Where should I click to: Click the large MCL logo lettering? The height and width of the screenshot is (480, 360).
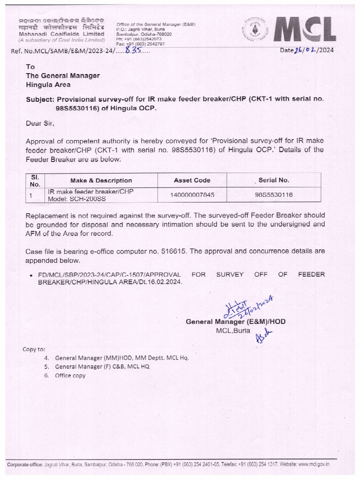[304, 30]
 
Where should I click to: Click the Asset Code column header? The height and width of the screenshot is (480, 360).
[192, 180]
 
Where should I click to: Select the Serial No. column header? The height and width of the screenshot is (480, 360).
[274, 180]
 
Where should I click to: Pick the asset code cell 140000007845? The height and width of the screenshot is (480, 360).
[192, 195]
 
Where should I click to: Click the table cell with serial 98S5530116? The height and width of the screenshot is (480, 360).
[274, 195]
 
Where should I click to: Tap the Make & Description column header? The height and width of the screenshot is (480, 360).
[101, 180]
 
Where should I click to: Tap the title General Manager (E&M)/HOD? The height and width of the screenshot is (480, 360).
[235, 322]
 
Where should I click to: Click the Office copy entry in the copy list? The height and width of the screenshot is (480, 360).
[70, 375]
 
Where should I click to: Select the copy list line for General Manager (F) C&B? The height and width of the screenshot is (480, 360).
[102, 367]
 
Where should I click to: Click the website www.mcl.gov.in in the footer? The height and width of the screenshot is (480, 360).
[314, 464]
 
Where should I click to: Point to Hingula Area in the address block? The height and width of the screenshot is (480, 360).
[48, 84]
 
